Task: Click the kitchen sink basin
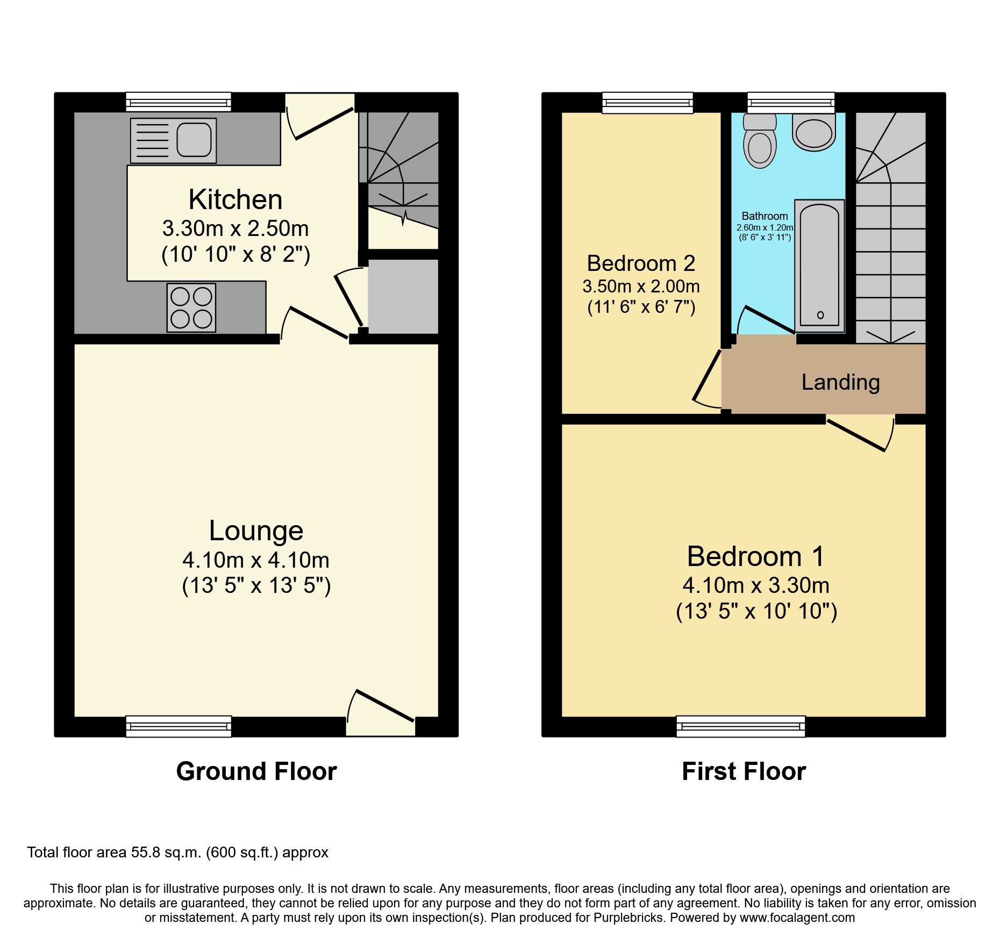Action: pyautogui.click(x=194, y=140)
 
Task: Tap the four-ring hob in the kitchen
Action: pyautogui.click(x=191, y=307)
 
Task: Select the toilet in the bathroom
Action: pyautogui.click(x=759, y=142)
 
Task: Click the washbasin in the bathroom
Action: pyautogui.click(x=813, y=133)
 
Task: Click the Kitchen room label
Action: pyautogui.click(x=235, y=200)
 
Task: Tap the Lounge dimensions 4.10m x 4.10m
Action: pyautogui.click(x=256, y=560)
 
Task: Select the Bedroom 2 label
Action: pyautogui.click(x=641, y=263)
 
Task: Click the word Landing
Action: pyautogui.click(x=840, y=382)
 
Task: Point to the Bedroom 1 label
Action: pyautogui.click(x=755, y=556)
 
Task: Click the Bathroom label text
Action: pyautogui.click(x=765, y=216)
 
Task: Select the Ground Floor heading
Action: pyautogui.click(x=256, y=771)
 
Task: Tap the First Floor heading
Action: pyautogui.click(x=744, y=771)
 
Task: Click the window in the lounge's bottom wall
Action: pyautogui.click(x=178, y=726)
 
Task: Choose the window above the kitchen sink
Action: pyautogui.click(x=178, y=102)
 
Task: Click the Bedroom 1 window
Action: pyautogui.click(x=740, y=726)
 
